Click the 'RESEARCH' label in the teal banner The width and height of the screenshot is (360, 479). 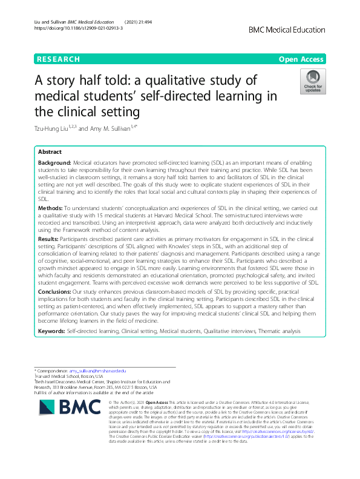tap(58, 59)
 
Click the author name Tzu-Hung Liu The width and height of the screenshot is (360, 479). tap(57, 127)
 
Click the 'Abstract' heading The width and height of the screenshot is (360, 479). tap(50, 152)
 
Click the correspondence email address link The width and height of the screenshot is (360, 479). tap(97, 370)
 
